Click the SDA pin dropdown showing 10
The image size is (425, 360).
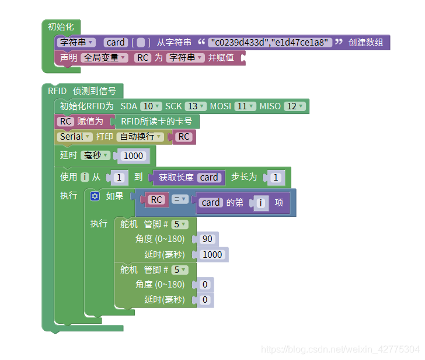pyautogui.click(x=151, y=106)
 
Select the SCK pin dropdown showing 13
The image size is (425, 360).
pyautogui.click(x=195, y=106)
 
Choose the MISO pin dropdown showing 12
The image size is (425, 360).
pyautogui.click(x=295, y=106)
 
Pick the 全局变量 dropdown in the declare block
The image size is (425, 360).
pyautogui.click(x=104, y=58)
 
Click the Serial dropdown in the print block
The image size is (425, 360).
pyautogui.click(x=75, y=137)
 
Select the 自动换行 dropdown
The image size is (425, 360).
pyautogui.click(x=140, y=137)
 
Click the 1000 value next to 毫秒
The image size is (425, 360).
pyautogui.click(x=133, y=155)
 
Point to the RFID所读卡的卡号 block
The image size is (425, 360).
pyautogui.click(x=156, y=122)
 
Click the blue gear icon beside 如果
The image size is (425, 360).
pyautogui.click(x=95, y=196)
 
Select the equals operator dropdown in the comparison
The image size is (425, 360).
pyautogui.click(x=179, y=200)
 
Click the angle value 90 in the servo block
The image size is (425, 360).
pyautogui.click(x=207, y=239)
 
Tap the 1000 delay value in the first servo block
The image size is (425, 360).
pyautogui.click(x=212, y=254)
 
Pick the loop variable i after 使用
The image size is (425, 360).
pyautogui.click(x=85, y=176)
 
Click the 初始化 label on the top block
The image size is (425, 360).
pyautogui.click(x=61, y=27)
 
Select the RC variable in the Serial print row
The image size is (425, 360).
pyautogui.click(x=184, y=137)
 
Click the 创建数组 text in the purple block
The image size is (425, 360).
pyautogui.click(x=366, y=43)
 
